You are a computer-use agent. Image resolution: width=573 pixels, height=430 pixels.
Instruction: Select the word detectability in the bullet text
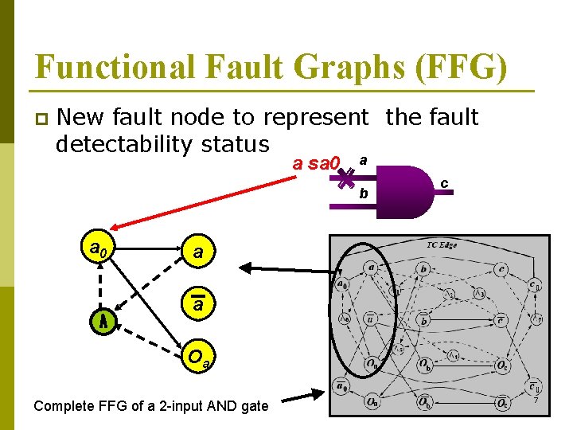pyautogui.click(x=117, y=145)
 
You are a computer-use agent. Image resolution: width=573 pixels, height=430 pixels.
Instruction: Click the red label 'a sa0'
pyautogui.click(x=316, y=164)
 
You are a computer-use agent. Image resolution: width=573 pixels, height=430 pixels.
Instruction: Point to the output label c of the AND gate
pyautogui.click(x=444, y=184)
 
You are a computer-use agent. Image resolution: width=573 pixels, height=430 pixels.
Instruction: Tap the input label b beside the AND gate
pyautogui.click(x=363, y=193)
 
